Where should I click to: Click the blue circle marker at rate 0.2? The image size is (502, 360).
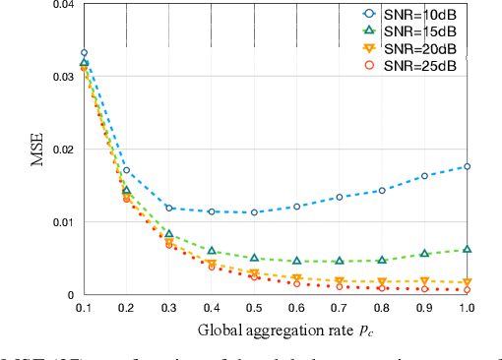click(x=126, y=170)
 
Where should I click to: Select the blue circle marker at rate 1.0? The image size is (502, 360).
click(x=467, y=167)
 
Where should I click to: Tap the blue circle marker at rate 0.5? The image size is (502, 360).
click(x=254, y=212)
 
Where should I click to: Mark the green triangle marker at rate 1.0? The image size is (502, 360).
click(x=467, y=250)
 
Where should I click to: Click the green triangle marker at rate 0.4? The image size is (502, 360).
click(x=212, y=251)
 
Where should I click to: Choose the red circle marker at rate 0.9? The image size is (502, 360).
click(x=424, y=289)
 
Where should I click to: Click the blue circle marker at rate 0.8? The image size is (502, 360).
click(x=382, y=191)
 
